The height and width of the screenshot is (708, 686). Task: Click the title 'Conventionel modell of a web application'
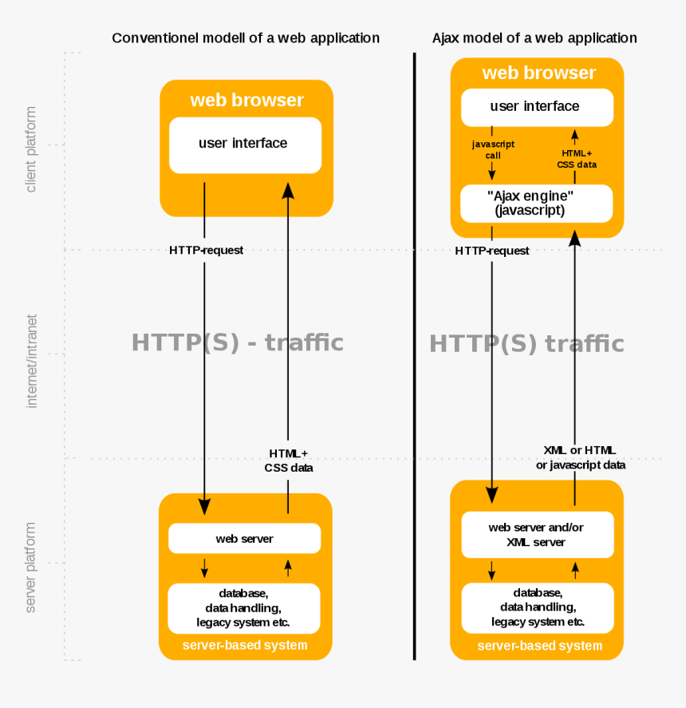pos(246,38)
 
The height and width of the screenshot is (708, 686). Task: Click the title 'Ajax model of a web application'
pos(534,38)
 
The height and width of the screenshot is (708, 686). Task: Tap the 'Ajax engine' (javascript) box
pos(537,204)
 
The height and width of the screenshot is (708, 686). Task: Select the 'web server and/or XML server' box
pos(538,535)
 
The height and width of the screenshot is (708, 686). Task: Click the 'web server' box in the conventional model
pos(245,538)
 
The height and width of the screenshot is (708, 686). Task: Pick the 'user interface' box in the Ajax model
pos(537,108)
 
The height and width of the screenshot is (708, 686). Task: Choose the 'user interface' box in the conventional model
pos(245,145)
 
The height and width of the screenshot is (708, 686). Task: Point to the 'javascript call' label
pos(493,149)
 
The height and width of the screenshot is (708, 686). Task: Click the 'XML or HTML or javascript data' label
pos(581,457)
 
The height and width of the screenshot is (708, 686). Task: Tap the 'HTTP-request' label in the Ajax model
pos(492,251)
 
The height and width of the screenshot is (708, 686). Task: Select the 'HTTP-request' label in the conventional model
pos(207,250)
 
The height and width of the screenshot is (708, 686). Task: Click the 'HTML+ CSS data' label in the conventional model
pos(289,461)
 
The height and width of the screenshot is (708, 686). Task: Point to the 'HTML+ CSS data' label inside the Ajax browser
pos(577,159)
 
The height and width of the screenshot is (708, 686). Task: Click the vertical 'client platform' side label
pos(30,149)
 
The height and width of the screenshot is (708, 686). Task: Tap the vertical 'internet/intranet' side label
pos(30,362)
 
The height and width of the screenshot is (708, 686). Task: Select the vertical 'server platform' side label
pos(30,568)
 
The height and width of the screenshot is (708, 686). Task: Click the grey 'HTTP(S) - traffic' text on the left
pos(238,342)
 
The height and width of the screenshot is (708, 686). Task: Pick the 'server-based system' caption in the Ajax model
pos(540,646)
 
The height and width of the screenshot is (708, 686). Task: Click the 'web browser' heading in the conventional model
pos(246,100)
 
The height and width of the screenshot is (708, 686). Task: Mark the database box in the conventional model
pos(244,608)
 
